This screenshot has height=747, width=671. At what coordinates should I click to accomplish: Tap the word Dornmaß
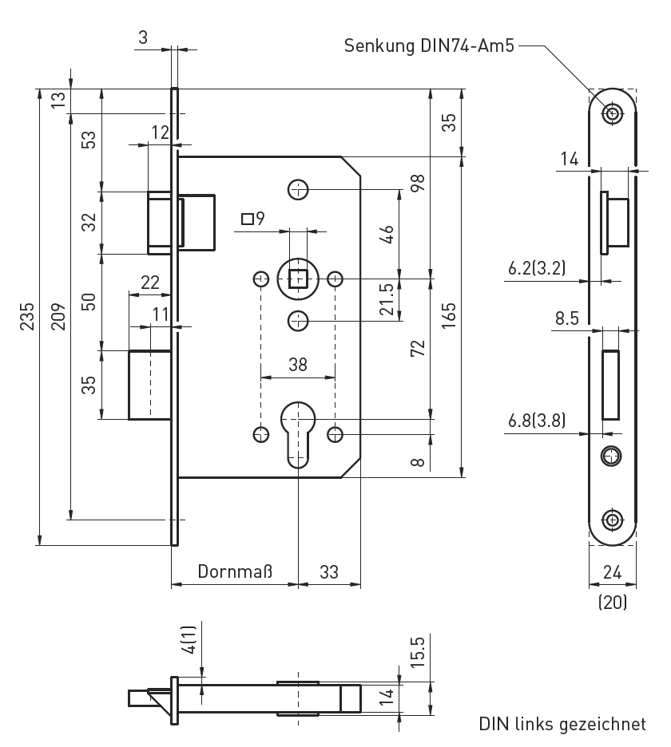coord(236,571)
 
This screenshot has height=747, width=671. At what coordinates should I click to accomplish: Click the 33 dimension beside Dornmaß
coord(328,571)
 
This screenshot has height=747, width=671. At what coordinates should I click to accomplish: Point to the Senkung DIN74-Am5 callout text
coord(429,45)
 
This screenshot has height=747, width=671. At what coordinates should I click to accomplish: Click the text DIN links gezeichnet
coord(562,724)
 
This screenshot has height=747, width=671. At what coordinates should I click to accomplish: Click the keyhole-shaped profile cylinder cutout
coord(297,431)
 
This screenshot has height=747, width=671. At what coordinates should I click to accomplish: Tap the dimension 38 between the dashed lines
coord(297,365)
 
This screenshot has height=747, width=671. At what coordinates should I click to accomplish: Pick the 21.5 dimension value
coord(387,300)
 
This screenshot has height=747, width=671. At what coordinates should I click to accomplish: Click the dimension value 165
coord(449,318)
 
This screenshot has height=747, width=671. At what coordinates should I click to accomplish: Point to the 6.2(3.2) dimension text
coord(536,269)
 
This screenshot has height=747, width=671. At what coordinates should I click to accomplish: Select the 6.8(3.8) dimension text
coord(536,421)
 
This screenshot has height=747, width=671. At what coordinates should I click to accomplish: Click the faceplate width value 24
coord(613,571)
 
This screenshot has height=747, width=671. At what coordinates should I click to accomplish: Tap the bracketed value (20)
coord(613,603)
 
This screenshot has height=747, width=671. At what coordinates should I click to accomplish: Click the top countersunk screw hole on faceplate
coord(613,113)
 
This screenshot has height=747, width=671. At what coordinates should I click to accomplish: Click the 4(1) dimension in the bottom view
coord(189,641)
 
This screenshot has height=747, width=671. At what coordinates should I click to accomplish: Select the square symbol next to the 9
coord(248,218)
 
